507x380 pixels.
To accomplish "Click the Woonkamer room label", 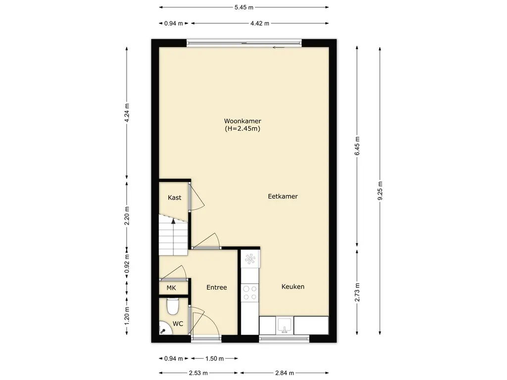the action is tap(243, 121).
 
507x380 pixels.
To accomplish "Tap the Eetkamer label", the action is tap(283, 196).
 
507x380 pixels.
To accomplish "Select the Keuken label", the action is tap(293, 286).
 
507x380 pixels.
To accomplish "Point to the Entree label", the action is tap(217, 287).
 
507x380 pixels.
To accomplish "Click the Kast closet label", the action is tap(175, 197).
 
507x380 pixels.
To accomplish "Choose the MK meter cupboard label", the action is tap(171, 287).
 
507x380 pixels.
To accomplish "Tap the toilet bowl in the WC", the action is tap(173, 306).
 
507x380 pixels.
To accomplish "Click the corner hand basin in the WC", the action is tap(163, 329).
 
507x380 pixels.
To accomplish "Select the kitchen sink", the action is tap(285, 326).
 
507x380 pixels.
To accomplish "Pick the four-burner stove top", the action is tap(250, 292).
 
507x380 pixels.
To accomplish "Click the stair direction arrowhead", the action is tap(173, 221).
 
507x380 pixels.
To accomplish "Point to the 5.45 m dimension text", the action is tap(244, 7).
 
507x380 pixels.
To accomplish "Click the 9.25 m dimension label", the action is tap(380, 190).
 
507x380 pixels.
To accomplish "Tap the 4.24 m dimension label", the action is tap(127, 113).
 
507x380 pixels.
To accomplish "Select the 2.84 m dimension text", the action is tap(285, 373).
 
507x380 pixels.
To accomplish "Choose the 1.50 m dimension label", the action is tap(214, 358).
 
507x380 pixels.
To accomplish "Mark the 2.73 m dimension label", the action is tap(357, 292).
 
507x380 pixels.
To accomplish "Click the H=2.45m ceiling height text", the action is tap(243, 129).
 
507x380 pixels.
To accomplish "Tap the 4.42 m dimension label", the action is tap(259, 23).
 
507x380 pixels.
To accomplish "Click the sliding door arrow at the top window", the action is tap(278, 47).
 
